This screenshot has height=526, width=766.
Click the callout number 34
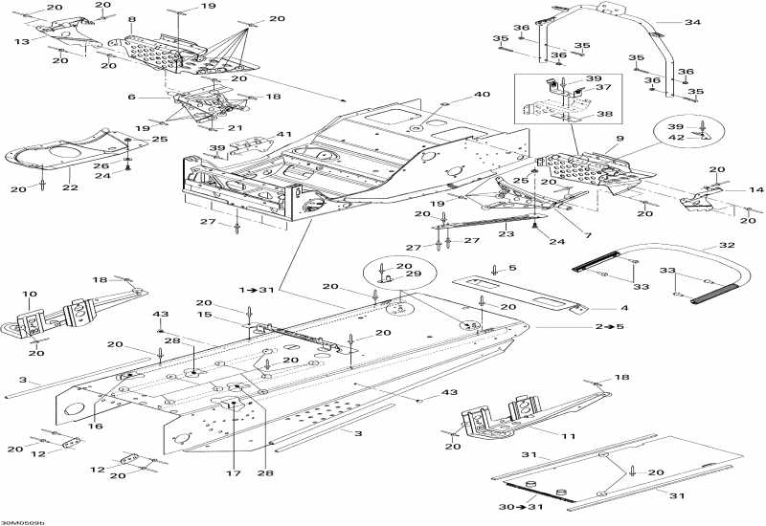coord(692,22)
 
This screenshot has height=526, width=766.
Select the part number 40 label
coord(482,94)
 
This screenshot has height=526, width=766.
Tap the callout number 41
coord(283,134)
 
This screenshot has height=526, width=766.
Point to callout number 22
coord(70,187)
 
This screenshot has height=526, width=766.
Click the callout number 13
coord(22,42)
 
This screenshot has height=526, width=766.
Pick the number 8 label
coord(131,19)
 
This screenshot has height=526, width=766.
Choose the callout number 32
coord(727,245)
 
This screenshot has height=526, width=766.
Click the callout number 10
coord(30,294)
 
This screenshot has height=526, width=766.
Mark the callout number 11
coord(568,436)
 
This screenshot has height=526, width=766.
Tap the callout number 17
coord(233,472)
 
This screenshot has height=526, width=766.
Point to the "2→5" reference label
coord(610,326)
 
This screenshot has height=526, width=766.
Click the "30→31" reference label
coord(521,507)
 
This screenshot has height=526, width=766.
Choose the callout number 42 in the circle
coord(677,138)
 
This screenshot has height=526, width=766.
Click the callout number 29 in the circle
coord(414,274)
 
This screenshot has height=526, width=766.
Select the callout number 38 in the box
coord(605,114)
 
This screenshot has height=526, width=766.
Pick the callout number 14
coord(755,189)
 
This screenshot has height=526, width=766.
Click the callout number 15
coord(205,315)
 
